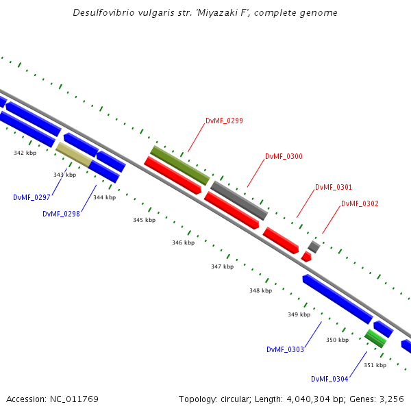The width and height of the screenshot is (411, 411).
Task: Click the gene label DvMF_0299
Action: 224,121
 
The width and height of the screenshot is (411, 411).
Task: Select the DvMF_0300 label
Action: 284,156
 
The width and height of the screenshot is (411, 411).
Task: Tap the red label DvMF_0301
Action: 334,187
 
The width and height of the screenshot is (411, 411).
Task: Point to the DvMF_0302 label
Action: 360,203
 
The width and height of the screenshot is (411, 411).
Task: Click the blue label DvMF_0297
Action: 32,197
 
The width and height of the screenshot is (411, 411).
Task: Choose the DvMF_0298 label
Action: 61,214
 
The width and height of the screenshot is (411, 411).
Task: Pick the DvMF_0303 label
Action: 285,349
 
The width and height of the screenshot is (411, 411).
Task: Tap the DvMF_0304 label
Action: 329,379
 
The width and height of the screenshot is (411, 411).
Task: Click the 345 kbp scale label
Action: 144,220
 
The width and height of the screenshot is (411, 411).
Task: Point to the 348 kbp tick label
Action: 260,290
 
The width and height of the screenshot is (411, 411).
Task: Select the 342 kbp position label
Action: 25,153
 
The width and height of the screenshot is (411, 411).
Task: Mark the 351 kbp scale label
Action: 375,365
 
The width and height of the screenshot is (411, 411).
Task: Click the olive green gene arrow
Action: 180,165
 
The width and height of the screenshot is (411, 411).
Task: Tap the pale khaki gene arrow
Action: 73,154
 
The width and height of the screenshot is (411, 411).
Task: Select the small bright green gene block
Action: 375,338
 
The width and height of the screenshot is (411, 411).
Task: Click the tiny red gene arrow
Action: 306,256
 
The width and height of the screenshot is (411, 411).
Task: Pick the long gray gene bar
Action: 238,200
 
